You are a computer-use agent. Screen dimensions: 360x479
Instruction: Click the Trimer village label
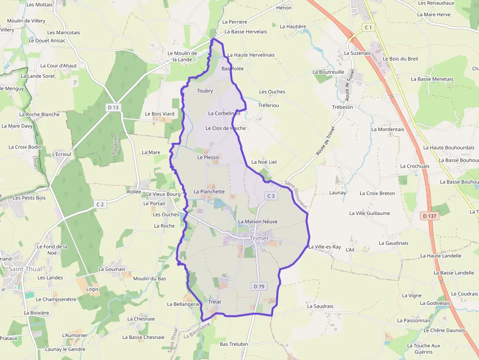click(x=259, y=238)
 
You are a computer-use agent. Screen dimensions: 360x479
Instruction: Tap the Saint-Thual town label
click(x=24, y=269)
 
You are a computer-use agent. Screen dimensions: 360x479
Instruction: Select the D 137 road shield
click(x=430, y=216)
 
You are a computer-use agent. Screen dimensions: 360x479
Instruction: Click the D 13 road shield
click(x=113, y=107)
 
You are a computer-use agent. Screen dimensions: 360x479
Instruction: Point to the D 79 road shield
click(x=259, y=286)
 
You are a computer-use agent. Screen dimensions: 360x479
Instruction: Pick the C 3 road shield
click(x=271, y=196)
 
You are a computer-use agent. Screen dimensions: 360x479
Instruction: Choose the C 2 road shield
click(x=100, y=204)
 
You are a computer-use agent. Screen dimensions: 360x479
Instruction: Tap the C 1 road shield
click(x=369, y=28)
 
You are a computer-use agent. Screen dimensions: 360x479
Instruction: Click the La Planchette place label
click(x=209, y=192)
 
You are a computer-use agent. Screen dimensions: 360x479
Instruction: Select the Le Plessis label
click(x=208, y=158)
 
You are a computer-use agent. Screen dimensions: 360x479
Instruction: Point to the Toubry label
click(x=205, y=91)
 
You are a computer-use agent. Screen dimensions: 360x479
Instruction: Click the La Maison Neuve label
click(x=258, y=222)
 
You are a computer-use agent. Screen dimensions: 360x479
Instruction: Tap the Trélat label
click(x=215, y=302)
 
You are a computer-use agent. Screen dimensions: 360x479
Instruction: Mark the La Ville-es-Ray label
click(x=325, y=247)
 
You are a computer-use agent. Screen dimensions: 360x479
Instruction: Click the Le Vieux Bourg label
click(x=163, y=194)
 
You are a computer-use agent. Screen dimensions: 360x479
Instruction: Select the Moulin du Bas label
click(x=150, y=278)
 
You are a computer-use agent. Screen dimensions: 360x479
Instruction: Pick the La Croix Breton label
click(x=377, y=193)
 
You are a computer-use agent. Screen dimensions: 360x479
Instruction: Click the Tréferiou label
click(x=268, y=106)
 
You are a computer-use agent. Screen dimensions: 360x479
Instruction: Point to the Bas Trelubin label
click(x=234, y=344)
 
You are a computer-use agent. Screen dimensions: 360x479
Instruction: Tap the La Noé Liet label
click(x=264, y=162)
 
